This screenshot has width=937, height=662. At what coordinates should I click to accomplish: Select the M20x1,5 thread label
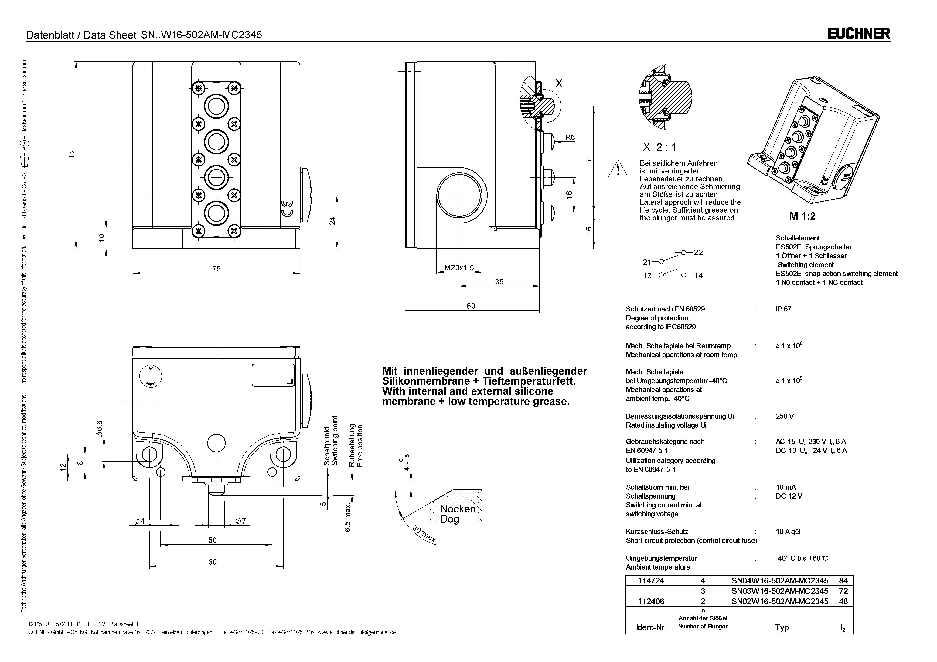click(x=459, y=267)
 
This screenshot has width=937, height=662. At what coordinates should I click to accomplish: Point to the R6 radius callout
click(x=570, y=137)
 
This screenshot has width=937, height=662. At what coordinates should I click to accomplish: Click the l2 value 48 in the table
click(x=843, y=601)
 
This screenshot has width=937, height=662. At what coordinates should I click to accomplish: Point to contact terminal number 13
click(x=647, y=276)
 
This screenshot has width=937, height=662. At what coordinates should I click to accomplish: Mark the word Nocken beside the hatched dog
click(x=458, y=509)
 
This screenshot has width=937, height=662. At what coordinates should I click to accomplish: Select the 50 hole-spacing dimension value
click(x=213, y=540)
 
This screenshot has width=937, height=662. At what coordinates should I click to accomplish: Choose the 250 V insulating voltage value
click(x=784, y=416)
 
